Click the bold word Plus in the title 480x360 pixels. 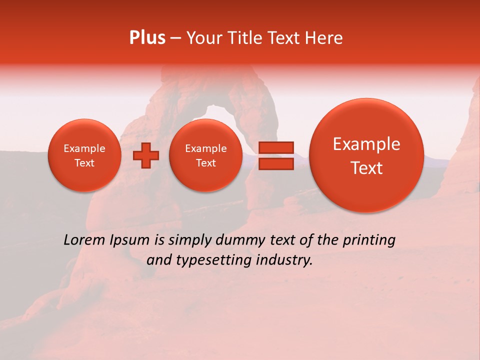(x=147, y=38)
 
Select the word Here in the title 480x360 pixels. (x=324, y=38)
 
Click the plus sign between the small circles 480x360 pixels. (x=145, y=155)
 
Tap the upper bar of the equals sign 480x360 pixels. (x=276, y=147)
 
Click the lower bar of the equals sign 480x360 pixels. (x=276, y=163)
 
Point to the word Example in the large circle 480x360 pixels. (x=366, y=144)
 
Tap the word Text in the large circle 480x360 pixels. (x=366, y=168)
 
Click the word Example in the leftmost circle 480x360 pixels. (x=84, y=148)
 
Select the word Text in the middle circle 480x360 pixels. (x=205, y=163)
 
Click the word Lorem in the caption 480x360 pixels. (x=83, y=240)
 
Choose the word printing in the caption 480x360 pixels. (x=371, y=240)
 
